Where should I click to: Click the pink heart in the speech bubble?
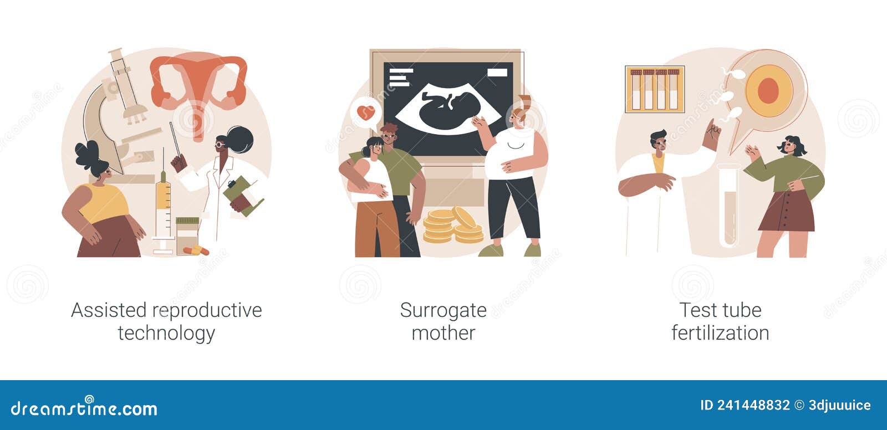[365, 112]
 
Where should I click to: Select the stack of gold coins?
[453, 225]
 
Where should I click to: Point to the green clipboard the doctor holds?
[242, 196]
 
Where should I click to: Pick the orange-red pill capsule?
[196, 250]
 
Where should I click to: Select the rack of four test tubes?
[655, 89]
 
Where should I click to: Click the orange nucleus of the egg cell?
[768, 91]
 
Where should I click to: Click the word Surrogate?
[443, 310]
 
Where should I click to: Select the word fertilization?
[720, 332]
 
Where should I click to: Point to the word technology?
[166, 334]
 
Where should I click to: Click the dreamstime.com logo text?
[84, 408]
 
